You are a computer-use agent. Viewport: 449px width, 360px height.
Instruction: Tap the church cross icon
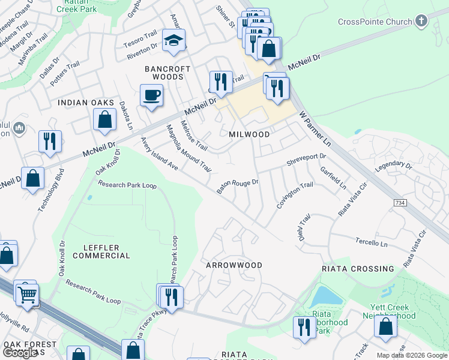click(421, 22)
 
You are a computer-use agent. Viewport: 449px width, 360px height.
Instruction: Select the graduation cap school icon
click(174, 41)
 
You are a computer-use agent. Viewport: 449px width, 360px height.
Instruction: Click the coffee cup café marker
click(151, 95)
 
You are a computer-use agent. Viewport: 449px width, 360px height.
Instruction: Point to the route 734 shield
click(400, 203)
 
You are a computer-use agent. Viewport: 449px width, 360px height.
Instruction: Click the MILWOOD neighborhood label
click(249, 134)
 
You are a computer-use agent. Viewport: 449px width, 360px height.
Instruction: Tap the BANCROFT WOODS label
click(168, 73)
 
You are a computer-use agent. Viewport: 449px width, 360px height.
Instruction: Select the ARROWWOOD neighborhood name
click(234, 265)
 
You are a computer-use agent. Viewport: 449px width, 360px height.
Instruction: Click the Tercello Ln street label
click(371, 243)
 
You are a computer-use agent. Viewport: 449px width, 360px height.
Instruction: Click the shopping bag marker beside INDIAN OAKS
click(105, 119)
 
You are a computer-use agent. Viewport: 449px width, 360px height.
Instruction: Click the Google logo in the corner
click(20, 353)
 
